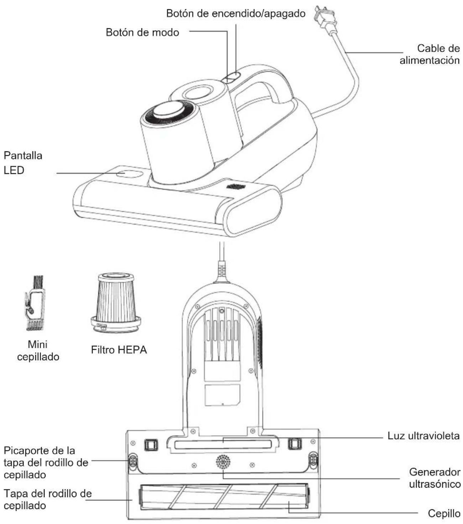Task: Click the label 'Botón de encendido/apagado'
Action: point(236,14)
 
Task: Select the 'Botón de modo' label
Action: point(142,32)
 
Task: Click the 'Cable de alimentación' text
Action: point(430,54)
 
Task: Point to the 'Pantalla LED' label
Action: point(23,163)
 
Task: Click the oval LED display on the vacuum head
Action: point(129,173)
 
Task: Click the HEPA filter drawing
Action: point(116,302)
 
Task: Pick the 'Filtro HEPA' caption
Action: point(119,350)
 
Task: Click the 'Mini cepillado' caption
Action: point(38,351)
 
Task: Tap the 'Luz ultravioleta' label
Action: point(423,436)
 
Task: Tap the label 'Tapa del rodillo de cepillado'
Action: point(48,499)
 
